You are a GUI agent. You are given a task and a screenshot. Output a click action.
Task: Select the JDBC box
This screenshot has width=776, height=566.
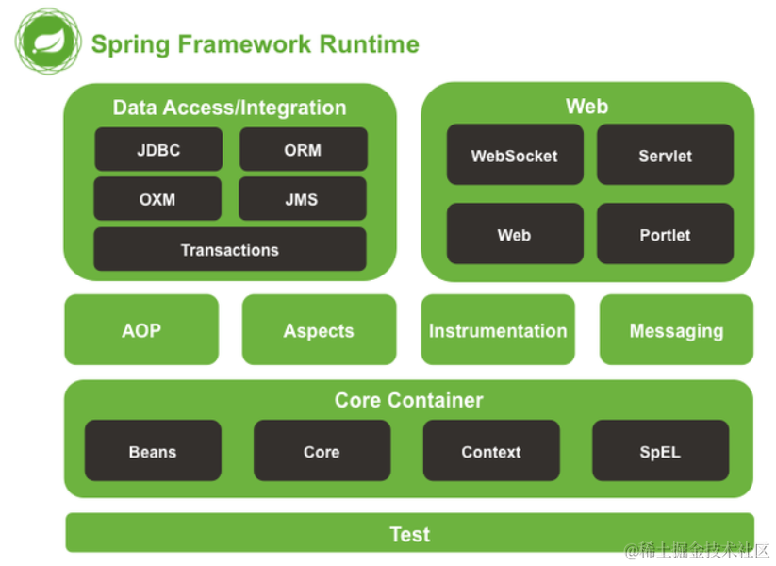click(x=158, y=150)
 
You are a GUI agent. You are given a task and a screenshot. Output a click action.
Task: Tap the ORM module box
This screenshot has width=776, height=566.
click(x=303, y=150)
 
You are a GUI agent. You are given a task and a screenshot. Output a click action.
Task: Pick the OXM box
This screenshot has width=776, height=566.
click(x=157, y=199)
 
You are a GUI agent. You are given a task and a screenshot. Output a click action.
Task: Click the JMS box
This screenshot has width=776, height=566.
click(x=302, y=199)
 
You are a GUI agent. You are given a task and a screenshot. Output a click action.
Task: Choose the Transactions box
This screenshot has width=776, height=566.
click(x=229, y=250)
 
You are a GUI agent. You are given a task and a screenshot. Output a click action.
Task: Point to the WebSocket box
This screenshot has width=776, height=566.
click(x=515, y=156)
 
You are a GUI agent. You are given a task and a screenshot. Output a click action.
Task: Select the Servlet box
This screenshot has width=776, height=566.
click(x=665, y=156)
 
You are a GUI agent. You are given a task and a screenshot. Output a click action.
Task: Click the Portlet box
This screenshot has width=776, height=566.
click(x=665, y=235)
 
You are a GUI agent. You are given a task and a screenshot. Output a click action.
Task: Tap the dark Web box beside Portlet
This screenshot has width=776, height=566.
click(x=515, y=235)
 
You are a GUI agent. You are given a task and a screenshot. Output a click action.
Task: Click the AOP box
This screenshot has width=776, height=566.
click(x=141, y=330)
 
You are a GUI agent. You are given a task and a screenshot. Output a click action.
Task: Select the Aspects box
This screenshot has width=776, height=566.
click(x=319, y=330)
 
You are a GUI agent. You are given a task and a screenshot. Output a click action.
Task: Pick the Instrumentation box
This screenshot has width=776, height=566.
click(x=498, y=330)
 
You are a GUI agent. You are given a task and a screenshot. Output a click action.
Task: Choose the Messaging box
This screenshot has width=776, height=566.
click(x=676, y=330)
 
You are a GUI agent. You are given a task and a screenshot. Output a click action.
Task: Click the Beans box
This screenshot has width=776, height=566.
click(x=153, y=452)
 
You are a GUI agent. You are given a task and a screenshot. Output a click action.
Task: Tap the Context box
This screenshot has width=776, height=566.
click(x=490, y=452)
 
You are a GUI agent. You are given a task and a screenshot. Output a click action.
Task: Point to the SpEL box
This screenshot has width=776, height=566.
click(x=660, y=452)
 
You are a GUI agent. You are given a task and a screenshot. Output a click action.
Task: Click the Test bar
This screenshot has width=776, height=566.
click(x=409, y=534)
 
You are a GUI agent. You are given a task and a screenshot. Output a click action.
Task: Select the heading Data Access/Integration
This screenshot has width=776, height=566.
click(x=229, y=108)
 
